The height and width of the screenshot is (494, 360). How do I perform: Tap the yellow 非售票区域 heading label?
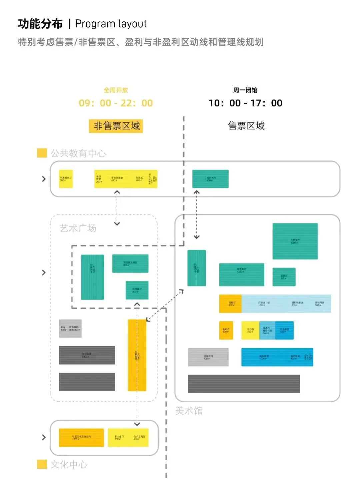(x=116, y=126)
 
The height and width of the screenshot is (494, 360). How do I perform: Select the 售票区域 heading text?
(x=246, y=126)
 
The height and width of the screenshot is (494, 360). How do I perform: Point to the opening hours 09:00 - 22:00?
(x=116, y=103)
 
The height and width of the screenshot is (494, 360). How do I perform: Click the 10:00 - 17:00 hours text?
(x=245, y=103)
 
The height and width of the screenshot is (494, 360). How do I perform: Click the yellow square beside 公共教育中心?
(x=42, y=153)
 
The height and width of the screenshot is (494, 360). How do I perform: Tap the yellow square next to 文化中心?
(x=42, y=464)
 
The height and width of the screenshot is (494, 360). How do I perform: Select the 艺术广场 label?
(x=78, y=228)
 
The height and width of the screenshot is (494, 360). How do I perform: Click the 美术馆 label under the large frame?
(x=189, y=411)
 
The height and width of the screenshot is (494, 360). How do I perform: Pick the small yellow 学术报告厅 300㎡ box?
(x=66, y=179)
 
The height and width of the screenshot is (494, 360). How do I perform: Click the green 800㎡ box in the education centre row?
(x=210, y=179)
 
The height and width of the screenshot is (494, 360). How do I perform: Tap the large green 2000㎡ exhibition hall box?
(x=295, y=241)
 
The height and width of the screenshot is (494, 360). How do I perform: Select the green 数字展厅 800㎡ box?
(x=137, y=290)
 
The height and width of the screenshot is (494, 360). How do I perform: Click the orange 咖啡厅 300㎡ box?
(x=226, y=330)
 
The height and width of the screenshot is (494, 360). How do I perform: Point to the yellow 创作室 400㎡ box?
(x=250, y=330)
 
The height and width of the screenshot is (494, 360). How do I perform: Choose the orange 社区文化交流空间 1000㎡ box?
(x=81, y=438)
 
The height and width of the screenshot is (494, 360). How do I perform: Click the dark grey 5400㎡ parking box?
(x=87, y=355)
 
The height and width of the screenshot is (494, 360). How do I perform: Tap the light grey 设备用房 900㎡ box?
(x=208, y=357)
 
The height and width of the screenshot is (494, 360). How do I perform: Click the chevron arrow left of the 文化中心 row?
(x=44, y=437)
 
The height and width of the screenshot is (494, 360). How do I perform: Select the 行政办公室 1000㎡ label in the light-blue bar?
(x=264, y=304)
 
